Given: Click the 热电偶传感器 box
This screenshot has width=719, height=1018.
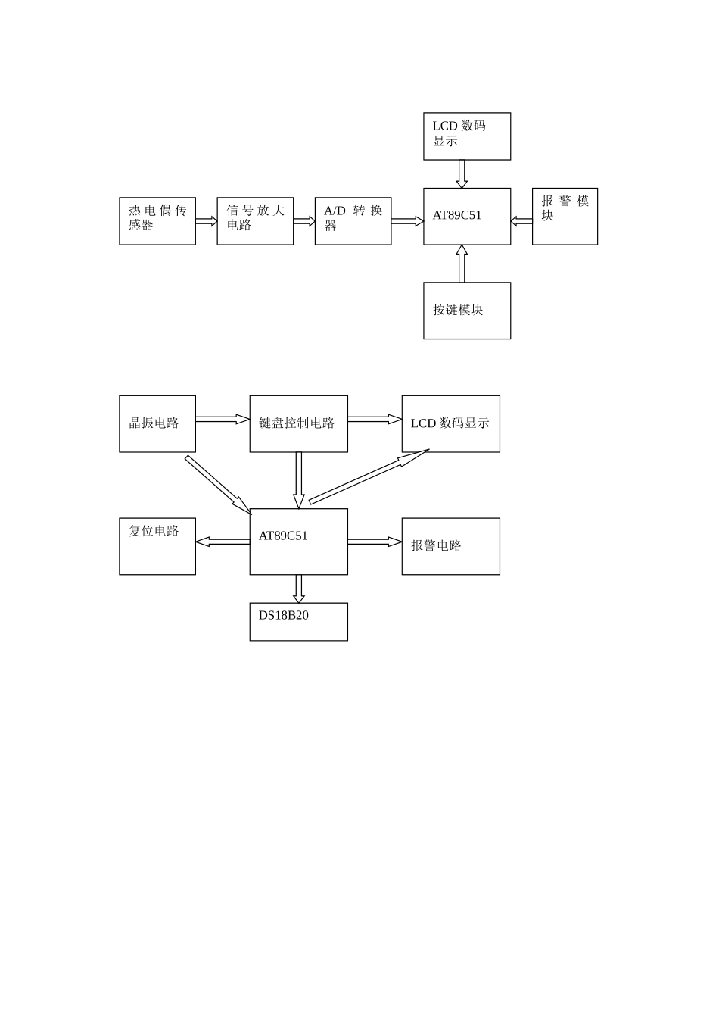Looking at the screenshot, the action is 157,221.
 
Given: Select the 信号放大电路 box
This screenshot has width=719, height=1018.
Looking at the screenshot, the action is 255,221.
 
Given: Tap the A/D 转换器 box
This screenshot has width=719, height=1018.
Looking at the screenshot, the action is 353,221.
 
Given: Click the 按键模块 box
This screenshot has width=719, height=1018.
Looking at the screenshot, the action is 467,311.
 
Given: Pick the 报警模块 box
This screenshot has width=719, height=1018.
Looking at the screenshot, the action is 565,217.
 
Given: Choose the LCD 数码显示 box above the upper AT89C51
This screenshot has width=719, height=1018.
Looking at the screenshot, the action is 467,136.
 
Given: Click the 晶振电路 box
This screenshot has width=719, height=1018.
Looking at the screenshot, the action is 157,423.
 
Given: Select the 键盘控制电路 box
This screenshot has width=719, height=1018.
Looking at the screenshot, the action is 299,423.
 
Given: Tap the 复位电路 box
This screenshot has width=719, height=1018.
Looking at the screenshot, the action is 157,546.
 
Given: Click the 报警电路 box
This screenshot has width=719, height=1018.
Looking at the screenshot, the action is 450,546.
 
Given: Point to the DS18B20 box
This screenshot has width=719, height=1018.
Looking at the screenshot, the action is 299,622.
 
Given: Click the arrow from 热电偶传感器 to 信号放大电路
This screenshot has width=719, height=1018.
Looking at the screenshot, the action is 206,221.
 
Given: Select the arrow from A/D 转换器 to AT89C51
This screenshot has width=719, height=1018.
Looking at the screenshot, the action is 407,221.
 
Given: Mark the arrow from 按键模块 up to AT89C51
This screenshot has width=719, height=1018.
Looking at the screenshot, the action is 462,264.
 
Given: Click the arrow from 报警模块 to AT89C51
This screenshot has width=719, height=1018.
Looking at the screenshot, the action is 521,221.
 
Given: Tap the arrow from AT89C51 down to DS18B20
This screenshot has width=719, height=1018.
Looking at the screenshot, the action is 299,589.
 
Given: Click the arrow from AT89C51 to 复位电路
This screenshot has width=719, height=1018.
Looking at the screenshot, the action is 223,542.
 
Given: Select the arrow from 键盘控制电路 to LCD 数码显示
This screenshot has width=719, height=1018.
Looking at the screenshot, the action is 375,419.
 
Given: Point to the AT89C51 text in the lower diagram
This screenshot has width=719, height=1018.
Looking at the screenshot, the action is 283,536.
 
